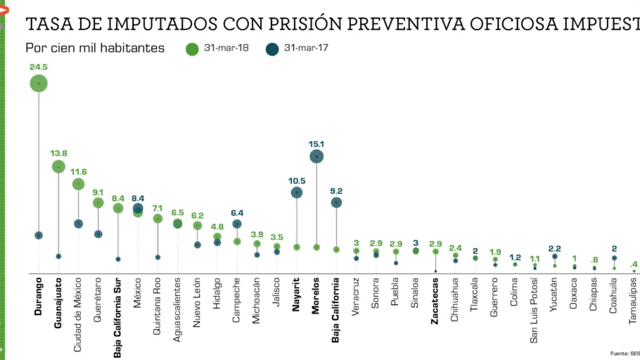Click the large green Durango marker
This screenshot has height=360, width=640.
(x=38, y=83)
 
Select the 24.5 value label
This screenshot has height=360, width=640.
(x=38, y=67)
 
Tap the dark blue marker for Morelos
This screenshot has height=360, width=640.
(x=317, y=156)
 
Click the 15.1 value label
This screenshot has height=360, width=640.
(x=317, y=143)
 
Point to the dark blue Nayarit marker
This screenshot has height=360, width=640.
(x=297, y=193)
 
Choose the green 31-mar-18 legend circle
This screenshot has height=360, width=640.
(x=192, y=49)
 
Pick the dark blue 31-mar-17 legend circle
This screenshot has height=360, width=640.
(x=272, y=49)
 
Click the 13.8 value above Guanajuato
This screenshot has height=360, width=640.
(x=58, y=154)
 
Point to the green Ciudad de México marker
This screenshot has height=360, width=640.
(x=78, y=184)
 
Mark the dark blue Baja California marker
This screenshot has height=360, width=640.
(x=336, y=203)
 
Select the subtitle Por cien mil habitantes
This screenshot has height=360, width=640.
(x=95, y=48)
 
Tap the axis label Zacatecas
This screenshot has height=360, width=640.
(x=435, y=300)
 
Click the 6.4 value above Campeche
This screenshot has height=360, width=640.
(x=237, y=212)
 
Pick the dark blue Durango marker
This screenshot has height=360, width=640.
(x=38, y=235)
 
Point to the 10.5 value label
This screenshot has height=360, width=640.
(x=297, y=180)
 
